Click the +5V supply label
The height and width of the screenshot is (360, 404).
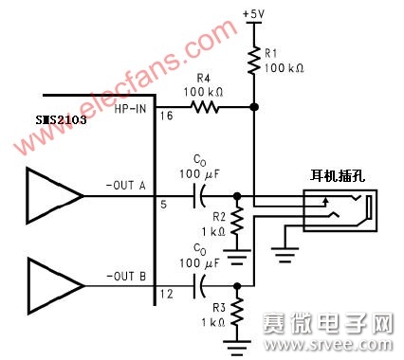click(x=253, y=13)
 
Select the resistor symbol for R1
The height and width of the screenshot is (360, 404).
click(x=253, y=61)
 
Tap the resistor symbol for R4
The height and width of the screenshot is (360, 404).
click(x=205, y=108)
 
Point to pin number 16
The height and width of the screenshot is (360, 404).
click(x=165, y=117)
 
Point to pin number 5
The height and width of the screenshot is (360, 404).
click(x=161, y=204)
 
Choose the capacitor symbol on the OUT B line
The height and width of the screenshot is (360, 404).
click(x=200, y=283)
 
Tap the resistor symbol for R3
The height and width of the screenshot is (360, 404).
click(x=237, y=311)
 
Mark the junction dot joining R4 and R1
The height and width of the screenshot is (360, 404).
click(x=253, y=108)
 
